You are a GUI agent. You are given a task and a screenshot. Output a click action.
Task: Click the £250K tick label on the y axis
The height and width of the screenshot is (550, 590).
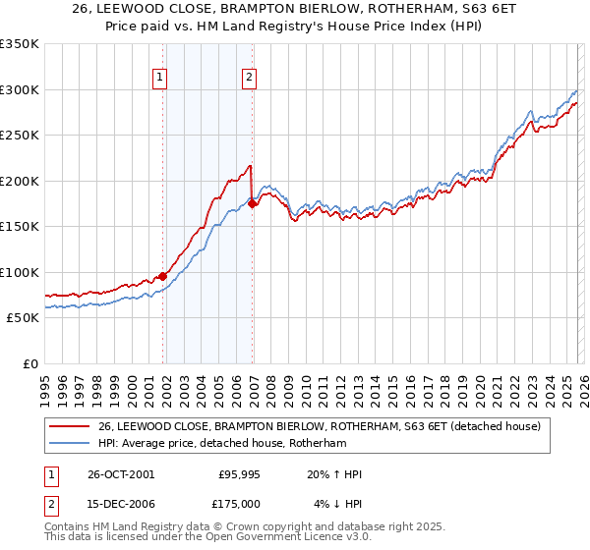[x=20, y=136]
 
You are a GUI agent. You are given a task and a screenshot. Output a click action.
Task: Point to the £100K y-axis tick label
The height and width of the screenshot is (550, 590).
[x=20, y=272]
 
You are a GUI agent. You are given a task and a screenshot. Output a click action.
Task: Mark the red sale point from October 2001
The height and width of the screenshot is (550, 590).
[x=163, y=277]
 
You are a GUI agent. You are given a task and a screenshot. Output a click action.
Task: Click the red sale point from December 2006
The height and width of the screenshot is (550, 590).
[x=253, y=204]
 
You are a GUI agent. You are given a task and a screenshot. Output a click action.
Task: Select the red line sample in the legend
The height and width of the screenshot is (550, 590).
[x=71, y=427]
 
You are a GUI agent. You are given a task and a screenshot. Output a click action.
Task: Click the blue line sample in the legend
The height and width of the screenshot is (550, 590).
[x=71, y=444]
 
